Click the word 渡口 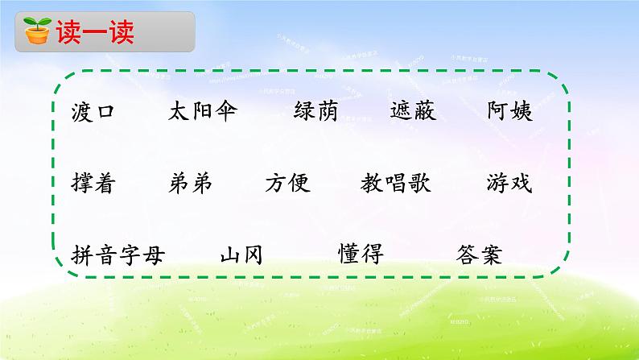click(93, 112)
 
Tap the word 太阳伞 click(203, 112)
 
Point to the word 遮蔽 click(412, 112)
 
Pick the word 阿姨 click(509, 112)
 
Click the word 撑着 click(93, 184)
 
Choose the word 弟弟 click(192, 184)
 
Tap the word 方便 click(287, 184)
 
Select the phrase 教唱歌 click(396, 184)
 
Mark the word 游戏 click(509, 184)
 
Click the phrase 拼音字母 click(117, 254)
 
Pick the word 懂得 click(361, 254)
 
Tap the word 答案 click(478, 254)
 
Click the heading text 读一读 click(94, 33)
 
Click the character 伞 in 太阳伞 click(226, 112)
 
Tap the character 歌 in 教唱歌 click(419, 184)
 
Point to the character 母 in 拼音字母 click(153, 254)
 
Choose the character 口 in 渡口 click(105, 112)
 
